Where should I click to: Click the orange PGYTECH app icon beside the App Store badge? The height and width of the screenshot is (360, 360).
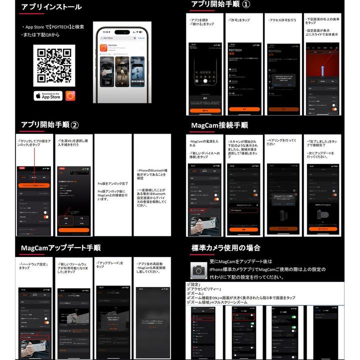[x=70, y=95]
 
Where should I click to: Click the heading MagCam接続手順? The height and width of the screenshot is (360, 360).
[x=219, y=125]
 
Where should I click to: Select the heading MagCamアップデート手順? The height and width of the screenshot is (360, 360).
[x=60, y=248]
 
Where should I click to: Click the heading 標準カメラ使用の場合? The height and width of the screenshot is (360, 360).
[x=225, y=248]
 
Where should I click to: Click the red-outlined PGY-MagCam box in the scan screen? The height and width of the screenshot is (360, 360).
[x=243, y=210]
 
